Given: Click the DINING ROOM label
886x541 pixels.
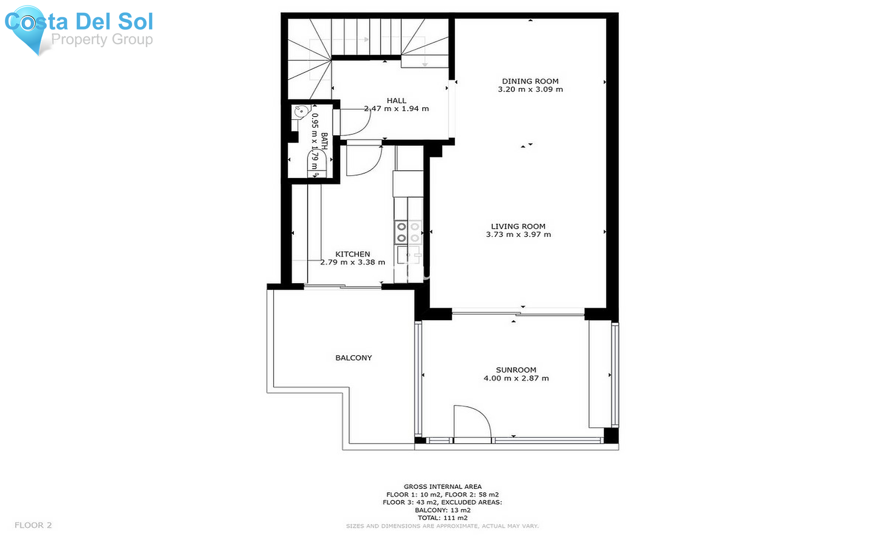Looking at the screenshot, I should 530,81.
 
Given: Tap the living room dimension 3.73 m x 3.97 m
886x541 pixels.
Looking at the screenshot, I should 518,235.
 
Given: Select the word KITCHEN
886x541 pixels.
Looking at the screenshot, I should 352,254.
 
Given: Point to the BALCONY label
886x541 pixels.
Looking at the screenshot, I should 353,358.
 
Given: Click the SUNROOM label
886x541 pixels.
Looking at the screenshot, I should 516,370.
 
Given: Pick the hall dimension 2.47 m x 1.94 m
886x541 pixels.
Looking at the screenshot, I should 396,109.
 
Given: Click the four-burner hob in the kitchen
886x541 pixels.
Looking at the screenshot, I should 408,233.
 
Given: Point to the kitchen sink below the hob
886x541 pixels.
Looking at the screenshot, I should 408,255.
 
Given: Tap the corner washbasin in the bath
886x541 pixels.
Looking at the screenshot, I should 300,112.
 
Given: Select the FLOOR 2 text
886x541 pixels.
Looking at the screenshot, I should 33,525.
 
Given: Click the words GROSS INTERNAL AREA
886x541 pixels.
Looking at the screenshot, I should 443,486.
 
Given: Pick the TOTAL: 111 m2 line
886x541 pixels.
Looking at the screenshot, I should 443,518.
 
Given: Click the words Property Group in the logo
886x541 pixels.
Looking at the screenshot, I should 102,39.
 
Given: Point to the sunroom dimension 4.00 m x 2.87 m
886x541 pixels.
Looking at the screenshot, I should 516,378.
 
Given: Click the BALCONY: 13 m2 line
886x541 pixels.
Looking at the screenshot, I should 443,510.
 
